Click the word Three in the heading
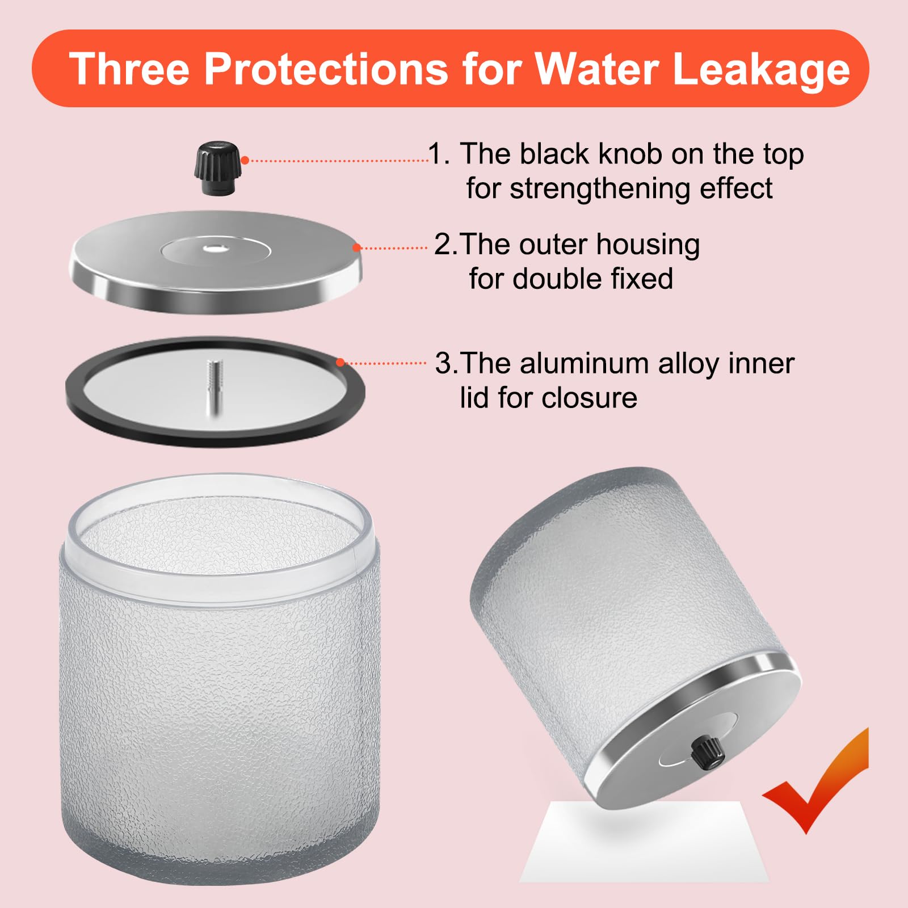click(x=129, y=69)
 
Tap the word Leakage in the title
click(x=761, y=70)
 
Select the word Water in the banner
click(x=597, y=69)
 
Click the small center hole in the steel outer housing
click(x=216, y=248)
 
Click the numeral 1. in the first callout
click(x=439, y=154)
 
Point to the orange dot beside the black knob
click(x=245, y=161)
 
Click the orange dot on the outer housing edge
click(x=356, y=247)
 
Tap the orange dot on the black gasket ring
click(x=340, y=363)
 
